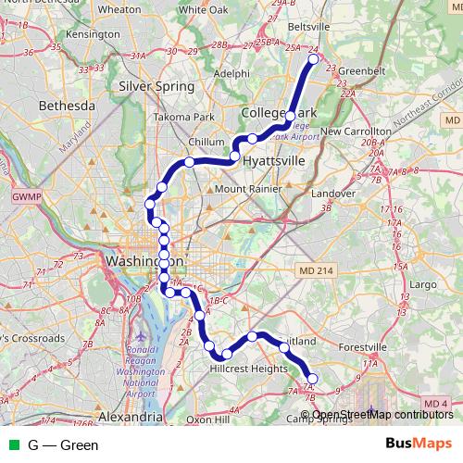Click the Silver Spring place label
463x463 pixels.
pos(156,86)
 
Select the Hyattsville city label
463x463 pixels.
pos(273,160)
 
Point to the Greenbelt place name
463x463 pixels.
pos(354,69)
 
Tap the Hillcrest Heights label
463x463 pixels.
pos(250,368)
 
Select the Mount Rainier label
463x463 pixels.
pos(247,189)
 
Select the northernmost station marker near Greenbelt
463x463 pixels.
pos(313,59)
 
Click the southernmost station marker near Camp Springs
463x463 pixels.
pos(312,378)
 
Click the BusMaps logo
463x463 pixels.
pos(418,444)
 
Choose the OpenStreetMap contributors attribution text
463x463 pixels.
pos(382,415)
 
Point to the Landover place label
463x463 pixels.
pos(333,194)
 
